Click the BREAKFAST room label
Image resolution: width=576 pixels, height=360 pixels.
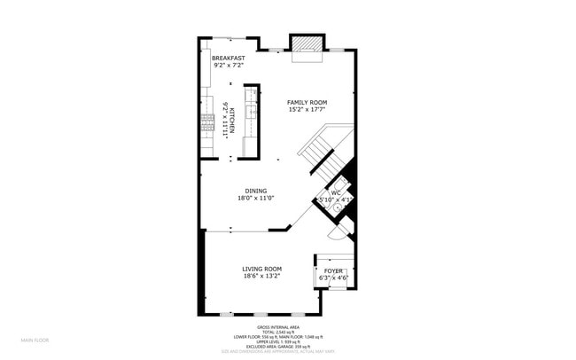point(228,58)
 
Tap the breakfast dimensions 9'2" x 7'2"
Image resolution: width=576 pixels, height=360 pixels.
point(228,65)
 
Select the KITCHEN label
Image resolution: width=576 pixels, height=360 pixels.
point(233,119)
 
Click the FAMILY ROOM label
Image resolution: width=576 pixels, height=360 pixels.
point(307,103)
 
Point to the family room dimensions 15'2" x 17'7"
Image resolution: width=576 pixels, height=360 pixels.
point(307,111)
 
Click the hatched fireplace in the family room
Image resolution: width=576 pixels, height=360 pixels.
point(305,44)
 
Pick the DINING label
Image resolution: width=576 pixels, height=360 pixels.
point(256,191)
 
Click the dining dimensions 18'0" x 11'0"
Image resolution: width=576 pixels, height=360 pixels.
point(256,199)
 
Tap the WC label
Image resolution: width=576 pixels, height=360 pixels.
point(336,192)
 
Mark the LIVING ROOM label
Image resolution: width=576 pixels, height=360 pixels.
point(262,269)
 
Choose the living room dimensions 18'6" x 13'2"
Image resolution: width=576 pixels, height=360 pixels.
point(262,277)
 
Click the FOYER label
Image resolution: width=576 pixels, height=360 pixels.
point(333,270)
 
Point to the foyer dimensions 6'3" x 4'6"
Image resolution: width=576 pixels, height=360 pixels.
point(333,278)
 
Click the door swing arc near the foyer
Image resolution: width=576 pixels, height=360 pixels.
point(337,232)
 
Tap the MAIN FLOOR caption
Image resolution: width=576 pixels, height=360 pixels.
point(35,340)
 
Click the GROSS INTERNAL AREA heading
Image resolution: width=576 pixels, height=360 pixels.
point(271,326)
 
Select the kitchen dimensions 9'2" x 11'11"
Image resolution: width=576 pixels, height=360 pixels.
point(226,119)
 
